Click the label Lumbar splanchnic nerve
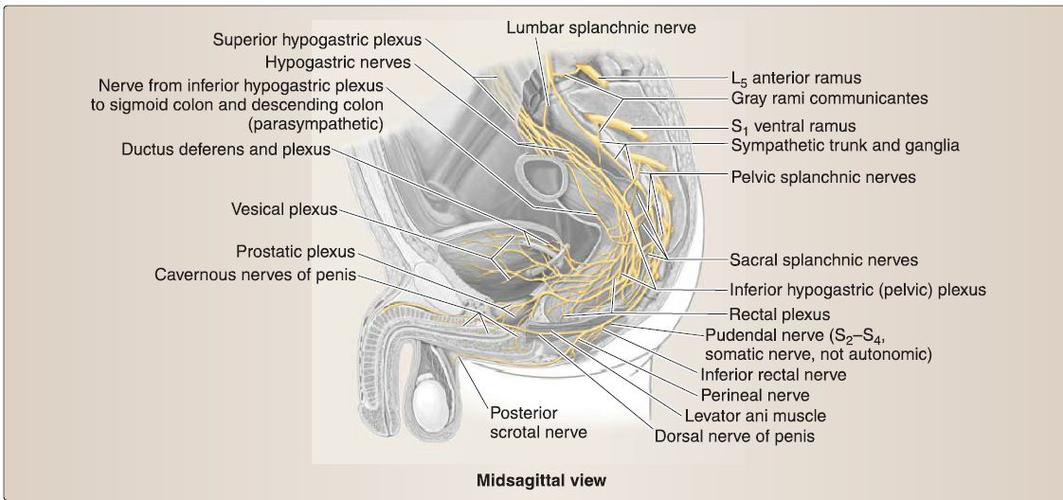point(601,27)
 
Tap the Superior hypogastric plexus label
point(316,41)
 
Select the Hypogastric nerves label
point(337,63)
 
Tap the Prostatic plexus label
point(296,253)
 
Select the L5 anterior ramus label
point(796,78)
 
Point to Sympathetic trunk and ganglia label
point(845,146)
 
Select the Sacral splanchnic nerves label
point(823,258)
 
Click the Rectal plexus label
point(779,314)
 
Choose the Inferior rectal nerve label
point(773,374)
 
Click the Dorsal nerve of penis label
point(734,437)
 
